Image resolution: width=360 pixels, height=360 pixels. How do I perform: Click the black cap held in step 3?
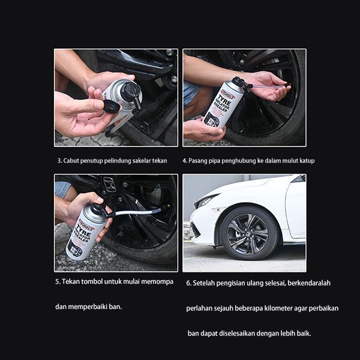(x=112, y=106)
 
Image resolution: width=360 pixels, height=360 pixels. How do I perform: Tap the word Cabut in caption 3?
(x=71, y=161)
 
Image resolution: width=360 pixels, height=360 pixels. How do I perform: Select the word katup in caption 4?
(x=307, y=161)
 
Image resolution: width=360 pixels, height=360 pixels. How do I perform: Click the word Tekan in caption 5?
(x=70, y=281)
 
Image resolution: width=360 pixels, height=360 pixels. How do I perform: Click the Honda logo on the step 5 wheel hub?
(x=109, y=184)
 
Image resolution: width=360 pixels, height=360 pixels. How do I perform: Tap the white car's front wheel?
(x=250, y=233)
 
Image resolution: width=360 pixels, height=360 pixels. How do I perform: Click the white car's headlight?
(x=205, y=200)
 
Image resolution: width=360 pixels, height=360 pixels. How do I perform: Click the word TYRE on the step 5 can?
(x=84, y=230)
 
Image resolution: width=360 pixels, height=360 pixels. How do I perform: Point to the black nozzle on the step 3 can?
(x=132, y=94)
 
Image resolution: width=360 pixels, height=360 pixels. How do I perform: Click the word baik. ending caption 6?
(x=304, y=334)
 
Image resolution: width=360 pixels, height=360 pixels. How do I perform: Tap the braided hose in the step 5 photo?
(x=138, y=212)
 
